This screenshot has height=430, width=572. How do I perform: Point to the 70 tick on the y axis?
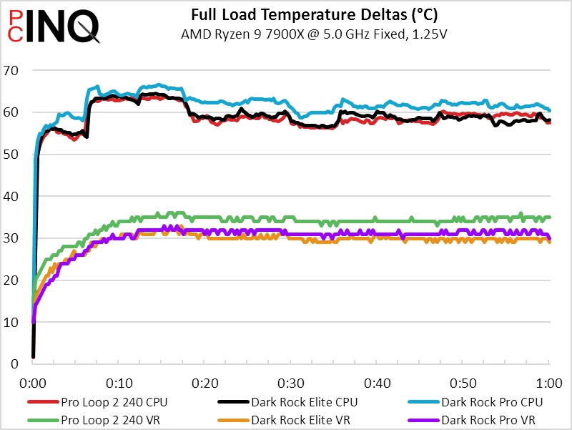tap(11, 70)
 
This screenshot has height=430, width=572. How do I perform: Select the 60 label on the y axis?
tap(11, 112)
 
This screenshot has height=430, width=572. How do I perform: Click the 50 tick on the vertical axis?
tap(11, 155)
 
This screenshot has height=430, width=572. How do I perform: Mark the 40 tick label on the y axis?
tap(11, 196)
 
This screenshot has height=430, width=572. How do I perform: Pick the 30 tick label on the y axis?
tap(11, 238)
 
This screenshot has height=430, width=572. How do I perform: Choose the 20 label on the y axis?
tap(11, 280)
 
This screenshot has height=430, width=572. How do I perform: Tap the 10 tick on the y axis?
tap(11, 322)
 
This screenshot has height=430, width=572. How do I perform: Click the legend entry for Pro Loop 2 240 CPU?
tap(103, 402)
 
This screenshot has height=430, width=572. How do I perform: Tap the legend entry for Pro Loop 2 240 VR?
tap(100, 420)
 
